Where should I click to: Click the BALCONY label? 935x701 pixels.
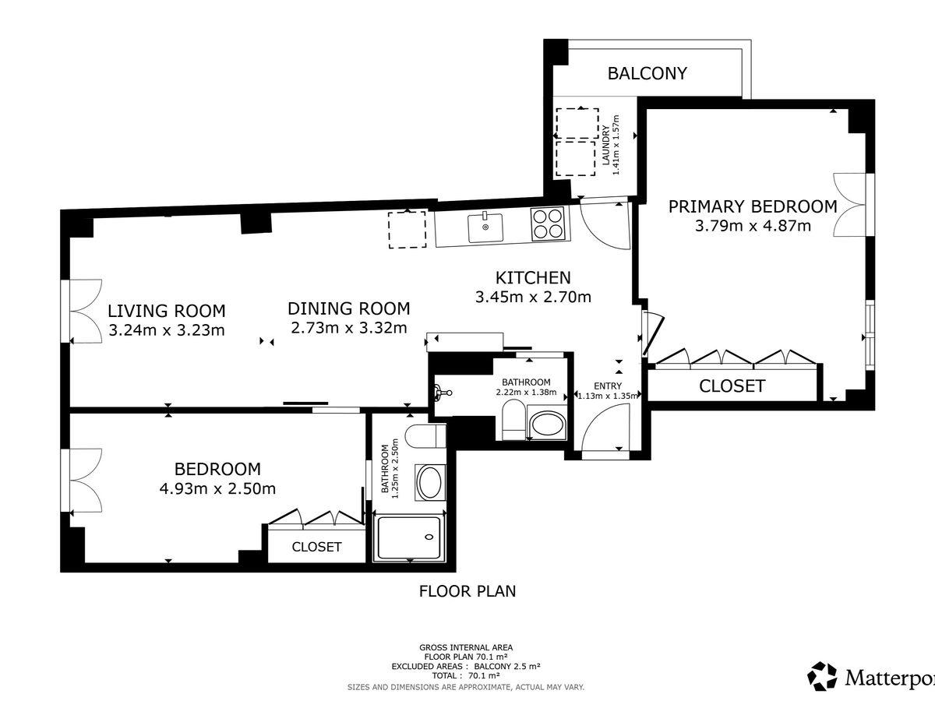647,73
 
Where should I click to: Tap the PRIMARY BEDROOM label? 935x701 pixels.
753,206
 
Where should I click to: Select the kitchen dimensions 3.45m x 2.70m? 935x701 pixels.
533,297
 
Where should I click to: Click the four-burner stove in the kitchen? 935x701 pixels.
548,224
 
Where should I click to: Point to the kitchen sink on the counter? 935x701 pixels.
485,227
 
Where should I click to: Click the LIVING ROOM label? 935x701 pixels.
167,311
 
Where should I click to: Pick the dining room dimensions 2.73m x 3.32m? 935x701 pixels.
349,328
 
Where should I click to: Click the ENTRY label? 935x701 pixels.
608,386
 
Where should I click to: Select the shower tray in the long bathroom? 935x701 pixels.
409,538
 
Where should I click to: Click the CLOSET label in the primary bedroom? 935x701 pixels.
732,386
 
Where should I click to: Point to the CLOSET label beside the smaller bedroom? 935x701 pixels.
316,547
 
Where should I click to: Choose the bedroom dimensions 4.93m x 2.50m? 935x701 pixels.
217,488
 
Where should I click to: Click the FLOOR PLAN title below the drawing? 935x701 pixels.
467,591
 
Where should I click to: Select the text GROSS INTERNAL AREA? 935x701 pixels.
466,647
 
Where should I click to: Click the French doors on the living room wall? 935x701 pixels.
81,311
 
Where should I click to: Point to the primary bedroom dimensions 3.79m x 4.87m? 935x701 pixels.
753,226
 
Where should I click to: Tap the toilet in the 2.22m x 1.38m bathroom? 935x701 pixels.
513,420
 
